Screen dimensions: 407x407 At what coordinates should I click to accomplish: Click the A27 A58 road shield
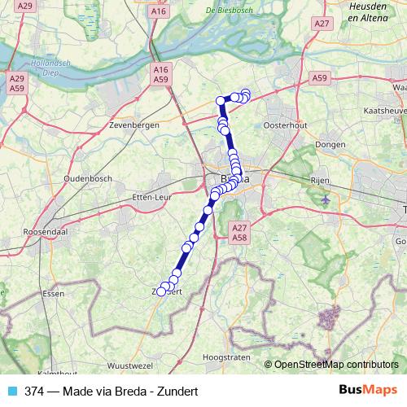pos(239,232)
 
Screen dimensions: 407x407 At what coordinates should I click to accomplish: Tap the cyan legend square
pos(11,391)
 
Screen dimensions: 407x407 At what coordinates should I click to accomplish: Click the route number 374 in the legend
pos(34,391)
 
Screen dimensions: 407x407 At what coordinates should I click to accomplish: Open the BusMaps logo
pos(367,390)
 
